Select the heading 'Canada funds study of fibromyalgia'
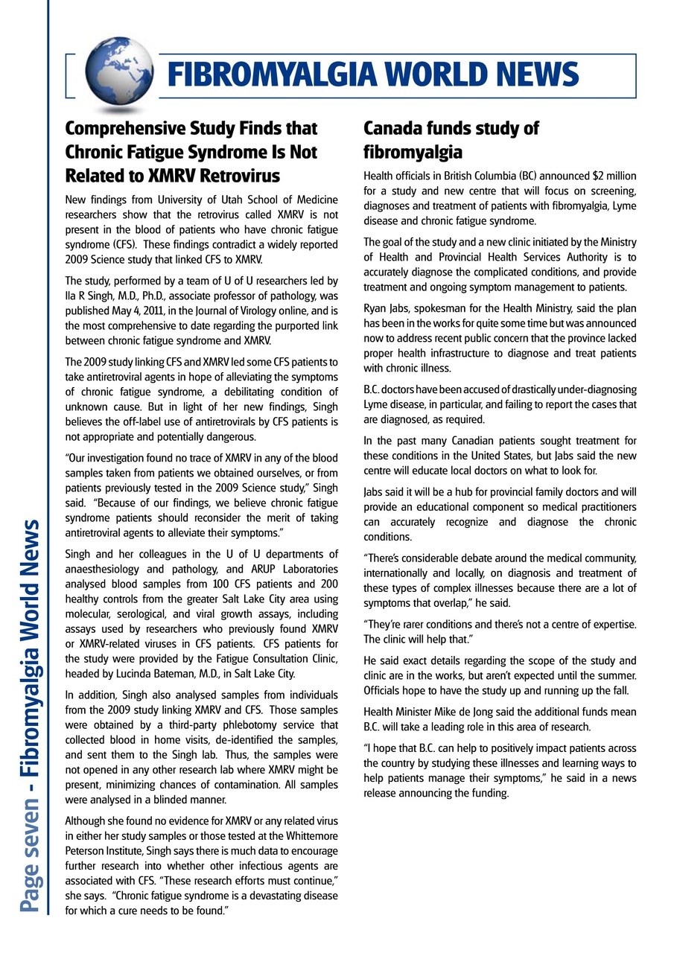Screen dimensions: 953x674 pyautogui.click(x=451, y=140)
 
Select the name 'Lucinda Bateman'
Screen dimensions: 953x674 pyautogui.click(x=149, y=674)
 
